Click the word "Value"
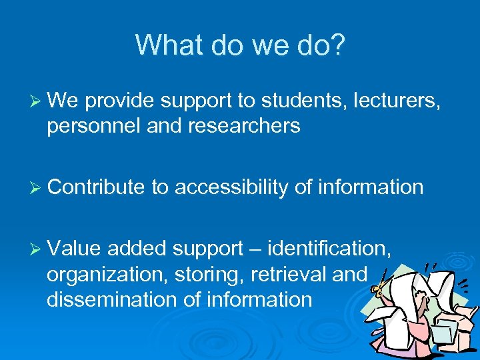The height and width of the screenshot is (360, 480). point(74,249)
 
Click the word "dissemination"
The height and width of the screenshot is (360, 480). point(109,299)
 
